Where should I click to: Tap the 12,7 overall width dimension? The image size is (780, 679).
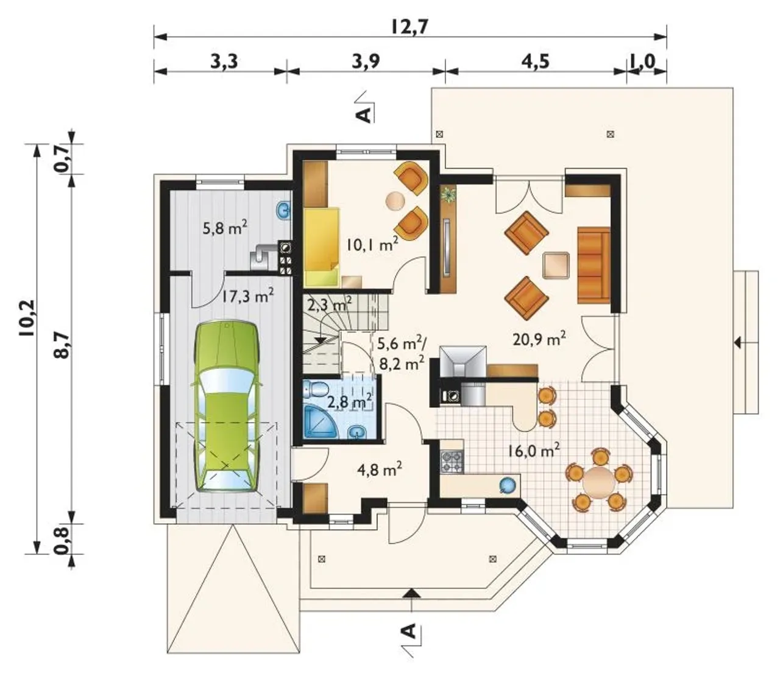tap(410, 27)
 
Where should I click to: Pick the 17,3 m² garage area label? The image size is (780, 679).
tap(248, 295)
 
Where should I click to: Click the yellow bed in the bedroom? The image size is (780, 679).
tap(321, 247)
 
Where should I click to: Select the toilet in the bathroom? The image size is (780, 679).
tap(315, 390)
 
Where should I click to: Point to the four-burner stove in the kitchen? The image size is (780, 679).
tap(452, 462)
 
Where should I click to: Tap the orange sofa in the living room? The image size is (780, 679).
tap(594, 265)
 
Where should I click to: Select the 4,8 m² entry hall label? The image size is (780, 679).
tap(380, 469)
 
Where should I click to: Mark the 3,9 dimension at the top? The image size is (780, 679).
tap(366, 61)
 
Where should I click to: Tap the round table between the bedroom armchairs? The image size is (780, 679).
tap(395, 200)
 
